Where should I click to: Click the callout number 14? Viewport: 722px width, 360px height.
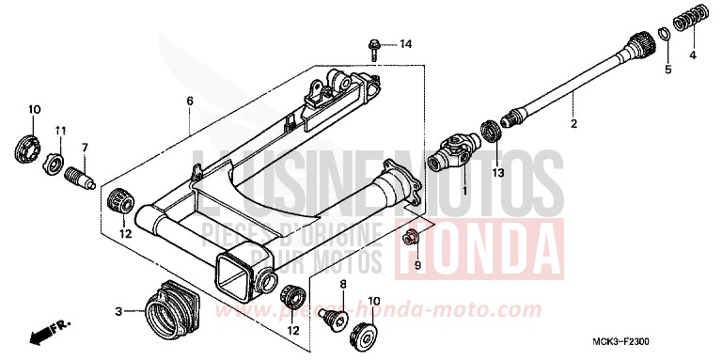[405, 44]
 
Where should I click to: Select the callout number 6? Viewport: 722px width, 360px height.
[189, 101]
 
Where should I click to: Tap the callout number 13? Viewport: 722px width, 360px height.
[498, 174]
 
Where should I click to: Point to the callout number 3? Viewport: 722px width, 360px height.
[119, 311]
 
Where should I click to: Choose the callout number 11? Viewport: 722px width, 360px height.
[59, 130]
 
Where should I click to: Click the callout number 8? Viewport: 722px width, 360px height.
[342, 284]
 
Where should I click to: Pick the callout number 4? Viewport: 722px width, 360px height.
[693, 55]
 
